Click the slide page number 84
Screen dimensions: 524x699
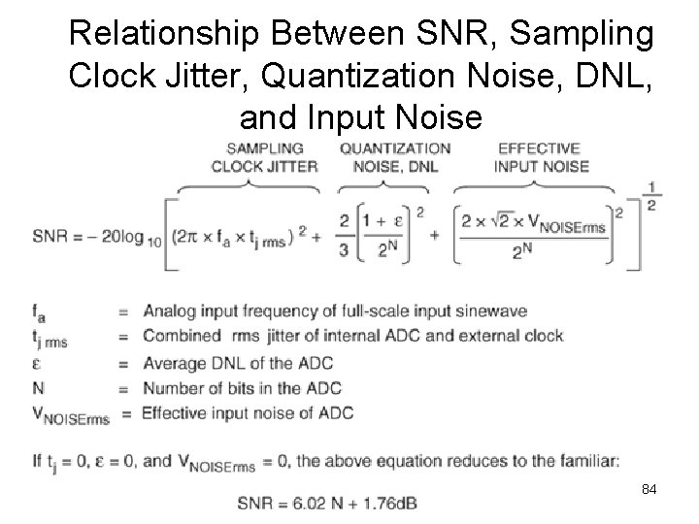(649, 490)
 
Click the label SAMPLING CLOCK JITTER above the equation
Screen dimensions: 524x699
(264, 157)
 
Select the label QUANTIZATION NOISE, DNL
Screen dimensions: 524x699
(395, 157)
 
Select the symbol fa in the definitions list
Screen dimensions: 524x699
(38, 312)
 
